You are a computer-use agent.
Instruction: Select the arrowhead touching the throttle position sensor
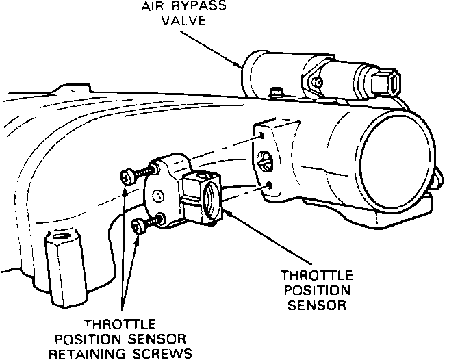pos(228,213)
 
